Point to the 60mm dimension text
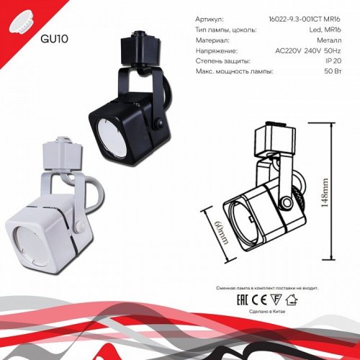[214, 231]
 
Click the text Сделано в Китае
[266, 308]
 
